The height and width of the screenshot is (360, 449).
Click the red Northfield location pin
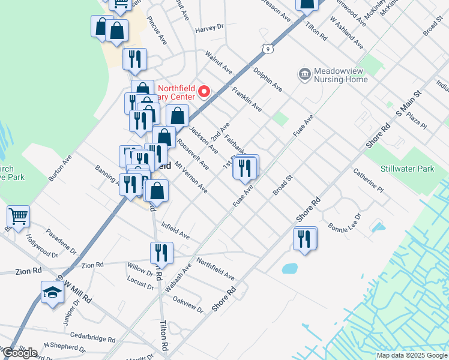click(204, 92)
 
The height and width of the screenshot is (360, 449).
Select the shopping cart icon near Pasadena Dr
click(18, 217)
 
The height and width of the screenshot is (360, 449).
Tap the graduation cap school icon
click(52, 292)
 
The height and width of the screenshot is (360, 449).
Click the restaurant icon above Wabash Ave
click(161, 253)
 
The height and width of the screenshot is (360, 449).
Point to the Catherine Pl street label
click(368, 182)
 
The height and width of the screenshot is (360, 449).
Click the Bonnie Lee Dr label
click(345, 223)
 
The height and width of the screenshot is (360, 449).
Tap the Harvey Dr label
click(209, 28)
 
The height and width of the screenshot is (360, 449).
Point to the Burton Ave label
click(60, 169)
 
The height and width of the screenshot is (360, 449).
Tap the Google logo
click(20, 353)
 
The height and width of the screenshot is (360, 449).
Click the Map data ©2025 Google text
click(411, 355)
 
